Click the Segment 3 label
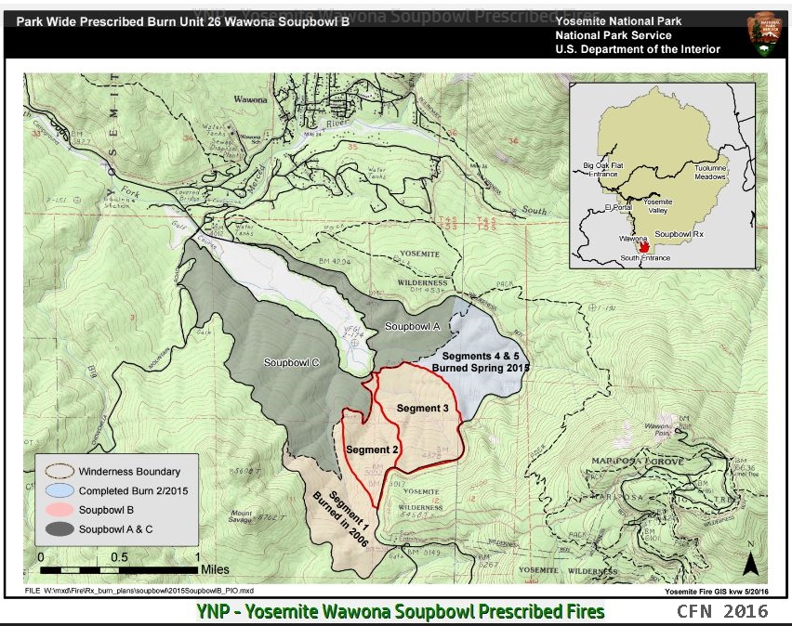pyautogui.click(x=423, y=408)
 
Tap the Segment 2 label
pyautogui.click(x=372, y=450)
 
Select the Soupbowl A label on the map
pyautogui.click(x=413, y=327)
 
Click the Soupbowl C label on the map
pyautogui.click(x=292, y=362)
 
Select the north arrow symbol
pyautogui.click(x=751, y=562)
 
